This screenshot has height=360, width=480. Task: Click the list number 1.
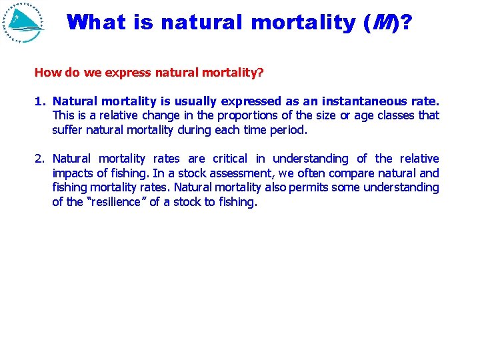[39, 101]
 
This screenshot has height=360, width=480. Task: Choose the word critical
[230, 159]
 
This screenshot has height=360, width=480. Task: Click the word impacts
[73, 173]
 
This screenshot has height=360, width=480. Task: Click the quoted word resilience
[116, 202]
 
